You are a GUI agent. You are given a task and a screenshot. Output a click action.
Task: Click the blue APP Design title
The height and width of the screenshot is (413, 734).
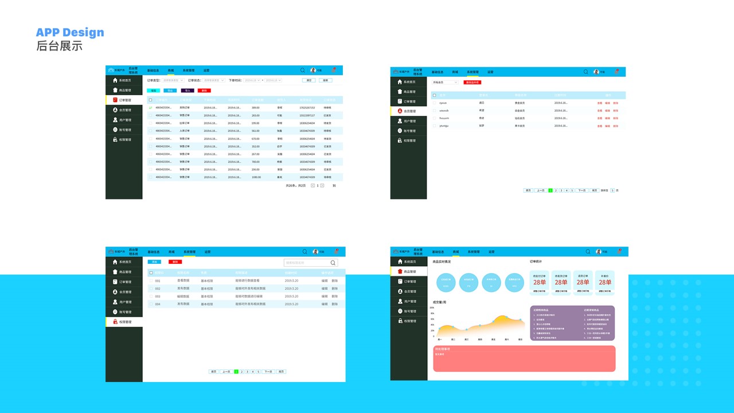(x=70, y=32)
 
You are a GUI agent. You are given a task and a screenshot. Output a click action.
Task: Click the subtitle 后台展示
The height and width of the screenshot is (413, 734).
(x=59, y=46)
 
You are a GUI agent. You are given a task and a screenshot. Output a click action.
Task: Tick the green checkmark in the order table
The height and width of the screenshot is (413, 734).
(x=150, y=107)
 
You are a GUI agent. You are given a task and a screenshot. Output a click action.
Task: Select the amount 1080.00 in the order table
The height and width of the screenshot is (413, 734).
(x=256, y=177)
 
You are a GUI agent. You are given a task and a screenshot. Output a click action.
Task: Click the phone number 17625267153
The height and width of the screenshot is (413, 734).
(x=307, y=107)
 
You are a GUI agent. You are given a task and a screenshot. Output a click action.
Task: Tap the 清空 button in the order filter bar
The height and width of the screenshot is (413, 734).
(x=309, y=80)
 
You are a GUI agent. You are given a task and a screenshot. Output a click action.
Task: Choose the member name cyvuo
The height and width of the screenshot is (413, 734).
(x=443, y=103)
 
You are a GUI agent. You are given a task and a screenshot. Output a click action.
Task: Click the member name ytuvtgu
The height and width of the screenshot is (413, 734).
(x=444, y=126)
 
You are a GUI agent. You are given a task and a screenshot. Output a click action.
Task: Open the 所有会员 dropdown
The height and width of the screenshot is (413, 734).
(x=445, y=83)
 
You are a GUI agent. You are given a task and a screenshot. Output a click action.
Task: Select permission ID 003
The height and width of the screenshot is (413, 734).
(x=158, y=297)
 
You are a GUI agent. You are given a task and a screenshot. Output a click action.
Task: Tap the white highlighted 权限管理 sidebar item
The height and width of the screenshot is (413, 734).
(x=124, y=322)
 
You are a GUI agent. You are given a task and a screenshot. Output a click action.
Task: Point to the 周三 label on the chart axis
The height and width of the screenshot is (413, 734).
(x=466, y=340)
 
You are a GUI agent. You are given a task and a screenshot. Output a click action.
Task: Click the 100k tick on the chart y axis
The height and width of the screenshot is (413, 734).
(x=432, y=308)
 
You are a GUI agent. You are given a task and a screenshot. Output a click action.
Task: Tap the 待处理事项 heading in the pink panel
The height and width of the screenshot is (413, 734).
(x=443, y=349)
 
